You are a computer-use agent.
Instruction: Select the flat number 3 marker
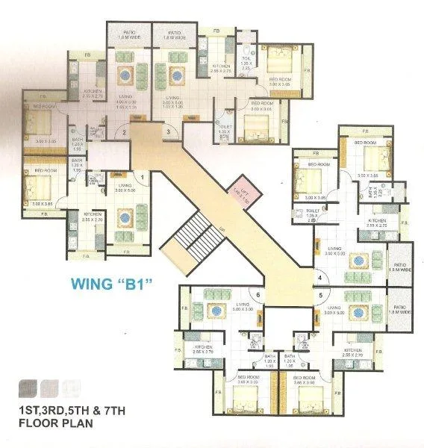click(x=169, y=132)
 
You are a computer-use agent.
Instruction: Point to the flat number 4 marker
click(x=319, y=279)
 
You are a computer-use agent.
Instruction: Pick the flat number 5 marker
click(x=319, y=295)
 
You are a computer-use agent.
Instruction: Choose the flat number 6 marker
click(x=258, y=295)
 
